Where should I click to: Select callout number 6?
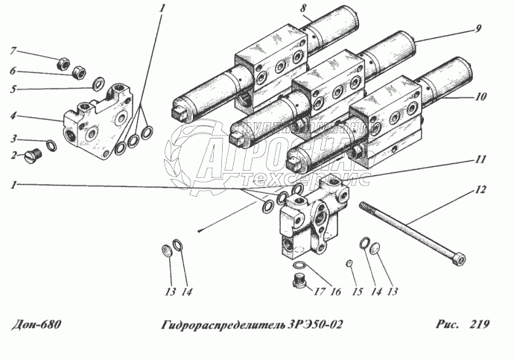pos(13,72)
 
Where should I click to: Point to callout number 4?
pos(13,116)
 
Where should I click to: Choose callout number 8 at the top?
pos(283,8)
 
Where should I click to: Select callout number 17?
pos(322,292)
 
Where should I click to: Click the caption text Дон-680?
pos(37,325)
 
